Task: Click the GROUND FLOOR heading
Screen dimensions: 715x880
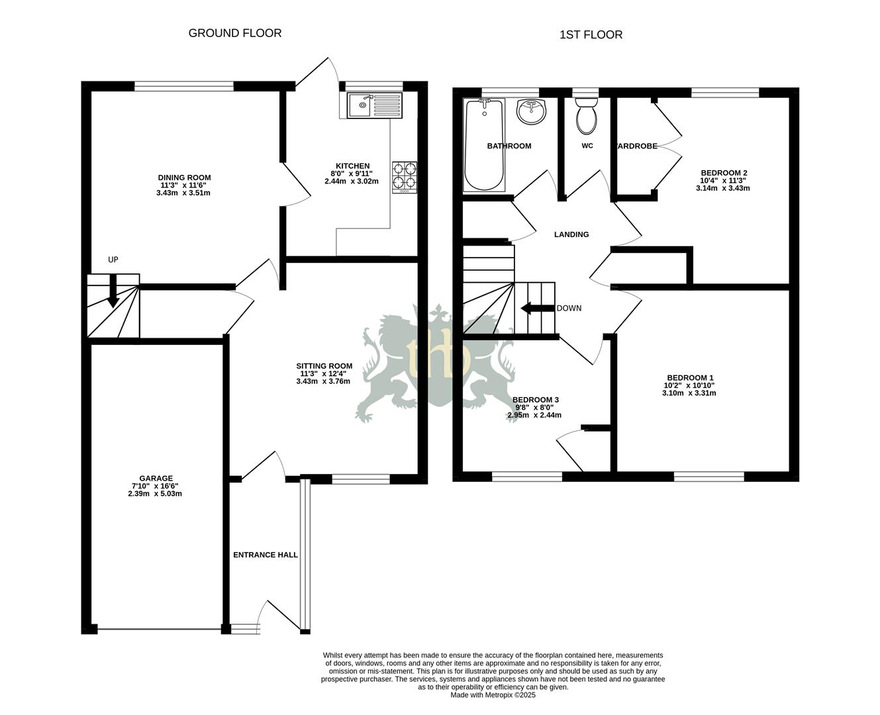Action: point(235,33)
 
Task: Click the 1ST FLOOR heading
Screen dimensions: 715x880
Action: point(591,35)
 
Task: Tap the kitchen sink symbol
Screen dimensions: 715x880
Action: point(374,106)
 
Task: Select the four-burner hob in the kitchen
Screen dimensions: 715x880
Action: point(405,176)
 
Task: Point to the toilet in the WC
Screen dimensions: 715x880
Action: point(586,117)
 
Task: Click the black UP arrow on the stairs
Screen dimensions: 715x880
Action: point(113,291)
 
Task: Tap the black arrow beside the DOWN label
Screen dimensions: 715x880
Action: point(537,308)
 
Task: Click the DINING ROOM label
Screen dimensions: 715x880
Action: point(184,177)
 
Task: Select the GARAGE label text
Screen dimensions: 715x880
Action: point(156,479)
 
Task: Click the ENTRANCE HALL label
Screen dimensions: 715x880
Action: point(265,555)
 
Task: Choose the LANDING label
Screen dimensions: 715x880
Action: point(571,234)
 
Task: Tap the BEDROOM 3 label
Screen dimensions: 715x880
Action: point(536,400)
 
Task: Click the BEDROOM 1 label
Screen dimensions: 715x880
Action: point(689,377)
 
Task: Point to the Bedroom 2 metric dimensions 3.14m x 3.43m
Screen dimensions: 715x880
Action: point(722,188)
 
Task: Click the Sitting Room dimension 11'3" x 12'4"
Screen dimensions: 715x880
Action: point(324,373)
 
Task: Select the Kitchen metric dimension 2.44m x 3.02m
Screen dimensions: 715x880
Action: point(352,181)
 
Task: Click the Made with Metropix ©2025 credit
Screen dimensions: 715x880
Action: point(493,695)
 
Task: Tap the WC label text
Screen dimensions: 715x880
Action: point(587,146)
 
